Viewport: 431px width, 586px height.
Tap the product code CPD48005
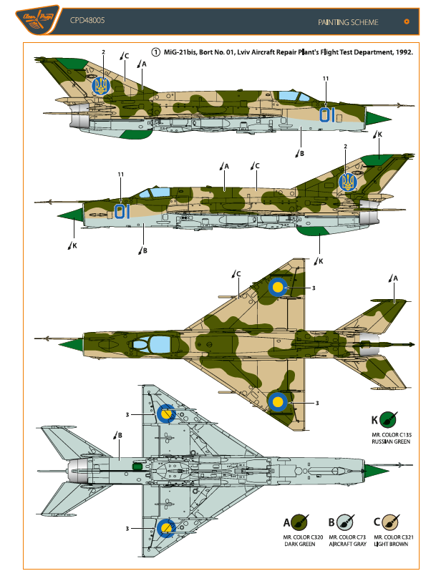87,21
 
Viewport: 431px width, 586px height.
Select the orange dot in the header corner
407,21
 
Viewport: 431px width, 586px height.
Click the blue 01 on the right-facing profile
122,210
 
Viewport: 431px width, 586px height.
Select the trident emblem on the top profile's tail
102,87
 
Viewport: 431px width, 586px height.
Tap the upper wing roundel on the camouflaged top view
278,288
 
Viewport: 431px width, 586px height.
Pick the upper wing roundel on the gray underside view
166,414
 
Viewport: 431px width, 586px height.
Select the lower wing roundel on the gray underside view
166,529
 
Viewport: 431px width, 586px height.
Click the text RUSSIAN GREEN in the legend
388,442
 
